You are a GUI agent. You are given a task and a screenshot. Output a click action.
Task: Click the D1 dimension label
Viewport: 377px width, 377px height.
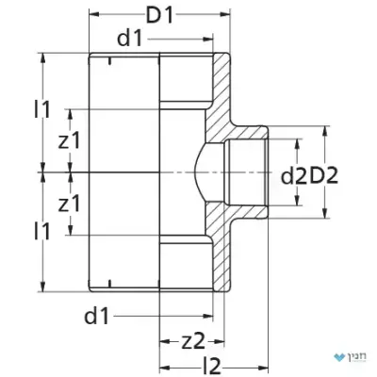pyautogui.click(x=159, y=15)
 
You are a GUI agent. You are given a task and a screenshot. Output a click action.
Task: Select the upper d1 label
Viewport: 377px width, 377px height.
pyautogui.click(x=130, y=39)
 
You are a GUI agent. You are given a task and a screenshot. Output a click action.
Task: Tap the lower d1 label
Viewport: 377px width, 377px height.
pyautogui.click(x=96, y=316)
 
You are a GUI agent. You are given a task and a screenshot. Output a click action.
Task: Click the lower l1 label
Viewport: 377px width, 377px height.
pyautogui.click(x=41, y=232)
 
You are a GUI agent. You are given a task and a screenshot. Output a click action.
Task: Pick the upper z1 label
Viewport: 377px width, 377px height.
pyautogui.click(x=70, y=140)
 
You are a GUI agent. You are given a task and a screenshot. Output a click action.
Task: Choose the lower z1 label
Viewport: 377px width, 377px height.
pyautogui.click(x=70, y=204)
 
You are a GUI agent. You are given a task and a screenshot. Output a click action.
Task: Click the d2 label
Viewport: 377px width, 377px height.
pyautogui.click(x=293, y=176)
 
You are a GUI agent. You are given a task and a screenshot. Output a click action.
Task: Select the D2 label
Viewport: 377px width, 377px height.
pyautogui.click(x=324, y=176)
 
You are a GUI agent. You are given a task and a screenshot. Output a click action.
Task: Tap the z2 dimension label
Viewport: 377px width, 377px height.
pyautogui.click(x=193, y=341)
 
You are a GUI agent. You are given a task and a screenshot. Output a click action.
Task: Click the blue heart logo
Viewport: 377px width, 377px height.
pyautogui.click(x=339, y=357)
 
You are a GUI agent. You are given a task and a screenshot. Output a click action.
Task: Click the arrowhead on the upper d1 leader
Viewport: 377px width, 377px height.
pyautogui.click(x=208, y=39)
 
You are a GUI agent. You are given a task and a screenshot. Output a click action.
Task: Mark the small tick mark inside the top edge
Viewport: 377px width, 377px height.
pyautogui.click(x=109, y=60)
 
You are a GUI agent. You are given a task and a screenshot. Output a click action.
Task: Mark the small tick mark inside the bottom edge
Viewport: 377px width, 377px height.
pyautogui.click(x=109, y=284)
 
